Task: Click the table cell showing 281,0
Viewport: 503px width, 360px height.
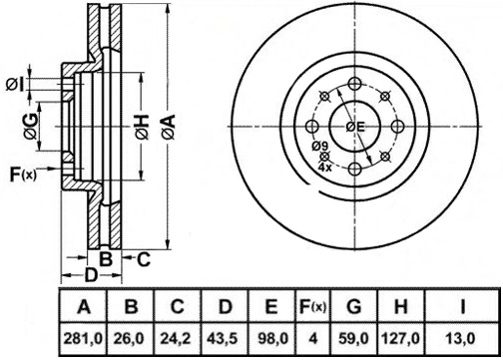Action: coord(83,339)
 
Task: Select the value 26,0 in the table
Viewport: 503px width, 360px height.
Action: coord(129,339)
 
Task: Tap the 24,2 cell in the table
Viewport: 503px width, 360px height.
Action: coord(176,339)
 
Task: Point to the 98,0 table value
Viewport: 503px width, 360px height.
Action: coord(273,339)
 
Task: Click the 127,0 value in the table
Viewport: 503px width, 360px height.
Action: coord(401,339)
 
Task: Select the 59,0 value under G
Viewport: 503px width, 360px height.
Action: coord(353,339)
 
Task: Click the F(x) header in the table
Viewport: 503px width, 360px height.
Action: coord(312,306)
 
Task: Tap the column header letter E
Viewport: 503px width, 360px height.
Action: coord(271,306)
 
